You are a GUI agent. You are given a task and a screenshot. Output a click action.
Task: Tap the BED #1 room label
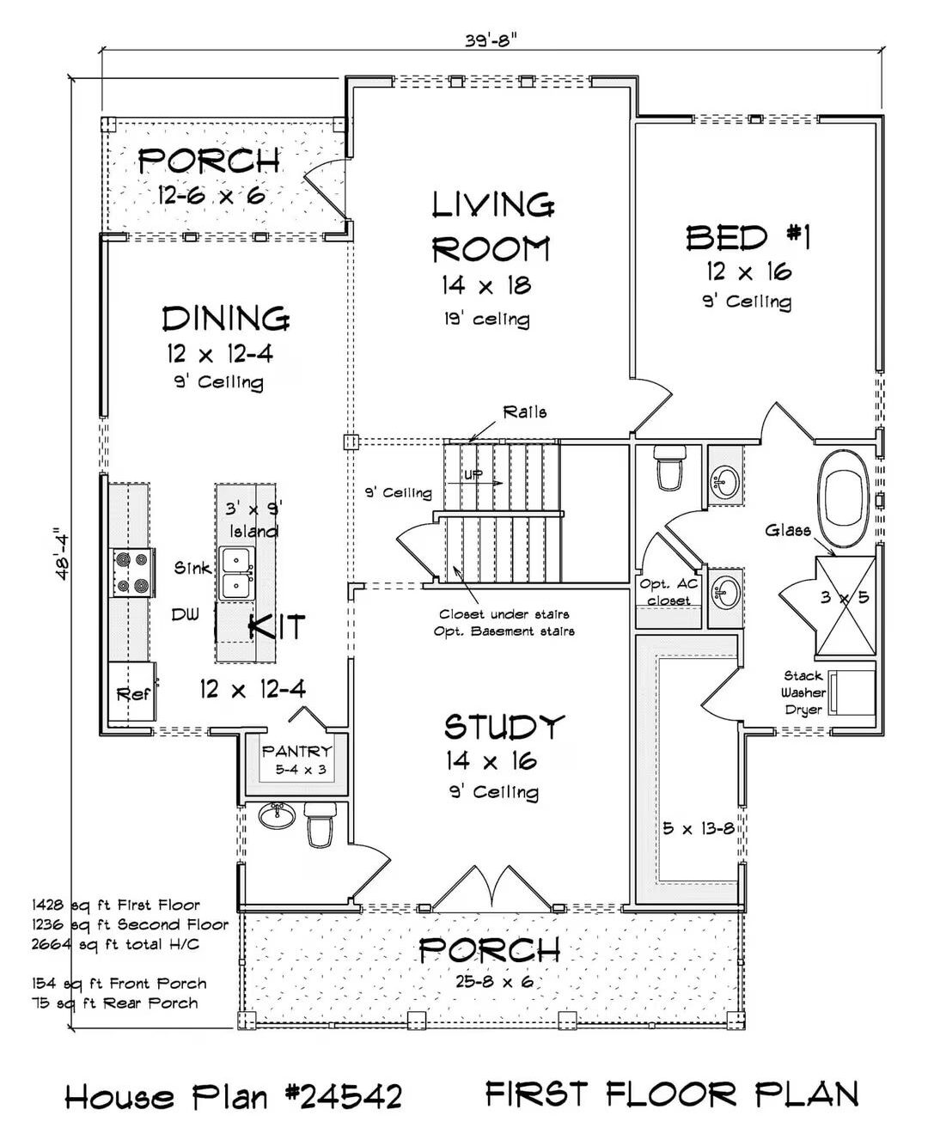point(748,237)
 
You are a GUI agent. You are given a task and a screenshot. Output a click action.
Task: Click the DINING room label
point(226,319)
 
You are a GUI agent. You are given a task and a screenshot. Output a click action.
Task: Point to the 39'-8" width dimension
point(491,40)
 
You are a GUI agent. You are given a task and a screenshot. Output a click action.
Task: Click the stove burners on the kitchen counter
point(132,573)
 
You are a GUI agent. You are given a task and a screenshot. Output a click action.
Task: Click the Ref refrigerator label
point(132,693)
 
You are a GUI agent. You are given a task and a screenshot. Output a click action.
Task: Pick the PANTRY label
point(296,752)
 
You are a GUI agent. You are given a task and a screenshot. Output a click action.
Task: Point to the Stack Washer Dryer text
point(803,692)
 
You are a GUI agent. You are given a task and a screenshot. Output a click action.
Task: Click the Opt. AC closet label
point(669,592)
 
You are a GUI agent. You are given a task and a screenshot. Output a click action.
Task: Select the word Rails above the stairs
point(525,412)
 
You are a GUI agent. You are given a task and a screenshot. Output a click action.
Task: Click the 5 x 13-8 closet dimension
point(699,829)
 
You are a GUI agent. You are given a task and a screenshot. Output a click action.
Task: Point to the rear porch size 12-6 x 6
point(211,195)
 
